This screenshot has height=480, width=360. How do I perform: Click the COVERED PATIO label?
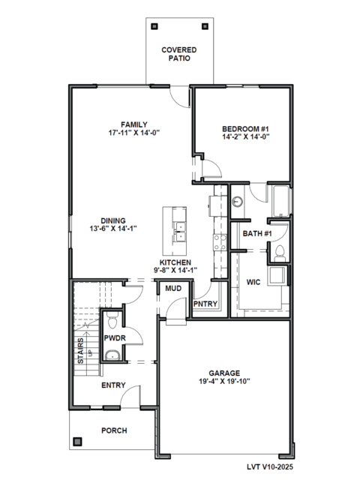[x=179, y=54]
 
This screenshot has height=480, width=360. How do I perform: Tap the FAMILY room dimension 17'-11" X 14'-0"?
[x=134, y=133]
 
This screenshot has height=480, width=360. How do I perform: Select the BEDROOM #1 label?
[x=245, y=129]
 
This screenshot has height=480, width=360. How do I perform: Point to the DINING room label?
[x=113, y=220]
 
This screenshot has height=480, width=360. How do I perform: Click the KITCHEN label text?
[x=175, y=262]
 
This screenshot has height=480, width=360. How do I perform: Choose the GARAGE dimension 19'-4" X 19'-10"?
[x=224, y=382]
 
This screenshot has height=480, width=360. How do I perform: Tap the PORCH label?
[x=114, y=430]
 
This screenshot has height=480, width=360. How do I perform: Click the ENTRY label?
[x=113, y=385]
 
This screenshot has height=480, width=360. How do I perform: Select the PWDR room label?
[x=115, y=338]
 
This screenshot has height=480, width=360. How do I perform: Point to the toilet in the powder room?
[x=113, y=320]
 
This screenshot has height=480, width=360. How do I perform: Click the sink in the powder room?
[x=112, y=355]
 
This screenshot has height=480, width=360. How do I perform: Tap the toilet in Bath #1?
[x=280, y=253]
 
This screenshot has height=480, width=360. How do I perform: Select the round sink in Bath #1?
[x=237, y=202]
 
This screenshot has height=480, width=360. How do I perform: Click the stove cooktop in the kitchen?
[x=220, y=242]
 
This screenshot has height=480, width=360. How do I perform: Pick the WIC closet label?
[x=253, y=282]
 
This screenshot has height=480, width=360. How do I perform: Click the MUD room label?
[x=173, y=288]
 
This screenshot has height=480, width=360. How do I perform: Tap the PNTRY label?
[x=205, y=304]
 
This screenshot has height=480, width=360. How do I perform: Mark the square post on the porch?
[x=77, y=442]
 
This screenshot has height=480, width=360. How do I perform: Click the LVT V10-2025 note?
[x=270, y=466]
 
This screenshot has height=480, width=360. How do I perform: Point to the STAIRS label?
[x=80, y=351]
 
